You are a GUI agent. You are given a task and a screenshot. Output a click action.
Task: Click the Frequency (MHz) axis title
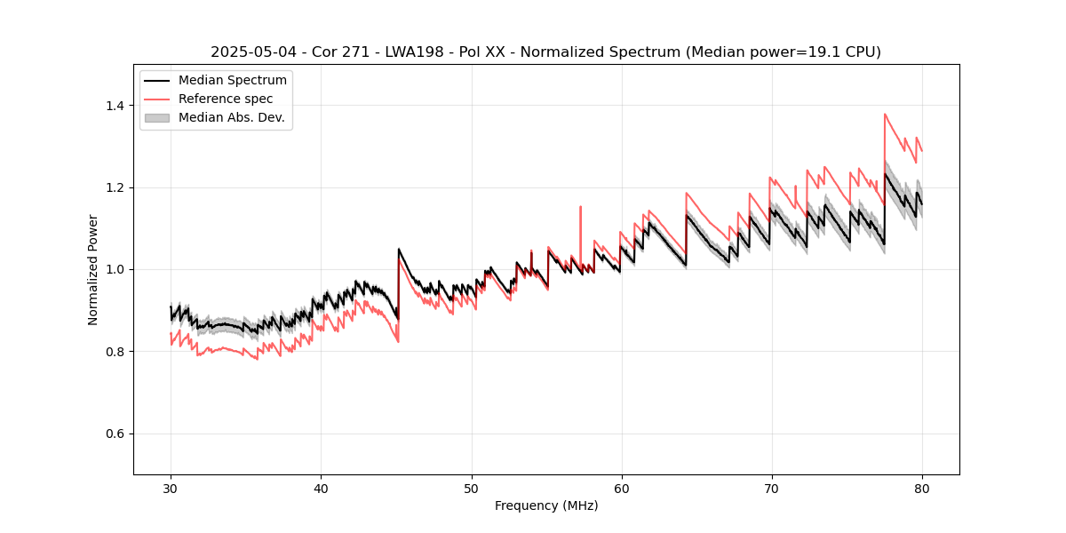[546, 505]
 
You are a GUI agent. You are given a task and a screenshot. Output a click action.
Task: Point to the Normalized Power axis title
[93, 269]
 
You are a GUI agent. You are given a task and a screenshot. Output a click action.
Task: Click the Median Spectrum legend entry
[232, 81]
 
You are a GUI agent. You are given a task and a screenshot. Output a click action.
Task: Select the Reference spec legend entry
[226, 99]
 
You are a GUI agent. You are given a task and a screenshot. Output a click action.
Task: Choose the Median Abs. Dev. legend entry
[231, 117]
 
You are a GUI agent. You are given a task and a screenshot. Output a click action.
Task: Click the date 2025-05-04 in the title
[251, 52]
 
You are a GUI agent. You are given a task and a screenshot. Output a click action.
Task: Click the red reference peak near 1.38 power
[885, 114]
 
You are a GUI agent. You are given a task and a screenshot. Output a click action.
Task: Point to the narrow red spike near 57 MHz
[580, 207]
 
